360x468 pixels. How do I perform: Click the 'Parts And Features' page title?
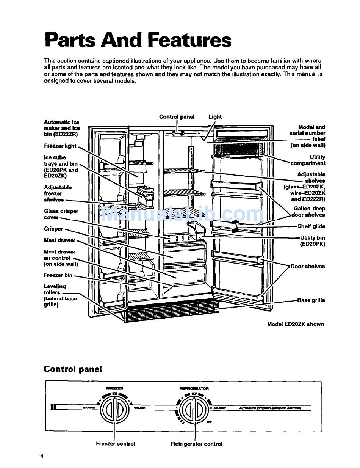pyautogui.click(x=138, y=40)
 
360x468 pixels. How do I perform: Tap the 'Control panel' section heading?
pyautogui.click(x=73, y=369)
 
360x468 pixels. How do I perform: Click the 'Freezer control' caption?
pyautogui.click(x=116, y=443)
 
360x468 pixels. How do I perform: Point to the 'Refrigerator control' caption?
pyautogui.click(x=197, y=444)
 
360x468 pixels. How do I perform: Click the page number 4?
pyautogui.click(x=42, y=456)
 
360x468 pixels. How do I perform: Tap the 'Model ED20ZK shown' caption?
pyautogui.click(x=296, y=324)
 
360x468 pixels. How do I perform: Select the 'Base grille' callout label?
pyautogui.click(x=311, y=300)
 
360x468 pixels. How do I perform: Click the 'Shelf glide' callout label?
pyautogui.click(x=311, y=226)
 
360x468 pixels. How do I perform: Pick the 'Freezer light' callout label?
pyautogui.click(x=60, y=146)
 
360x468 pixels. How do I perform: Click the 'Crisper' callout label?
pyautogui.click(x=53, y=229)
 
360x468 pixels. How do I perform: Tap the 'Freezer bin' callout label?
pyautogui.click(x=58, y=275)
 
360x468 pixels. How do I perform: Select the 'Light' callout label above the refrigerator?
pyautogui.click(x=215, y=117)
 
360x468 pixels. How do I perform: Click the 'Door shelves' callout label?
pyautogui.click(x=308, y=266)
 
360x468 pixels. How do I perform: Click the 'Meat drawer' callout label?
pyautogui.click(x=59, y=240)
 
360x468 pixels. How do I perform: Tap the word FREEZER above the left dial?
pyautogui.click(x=114, y=388)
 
